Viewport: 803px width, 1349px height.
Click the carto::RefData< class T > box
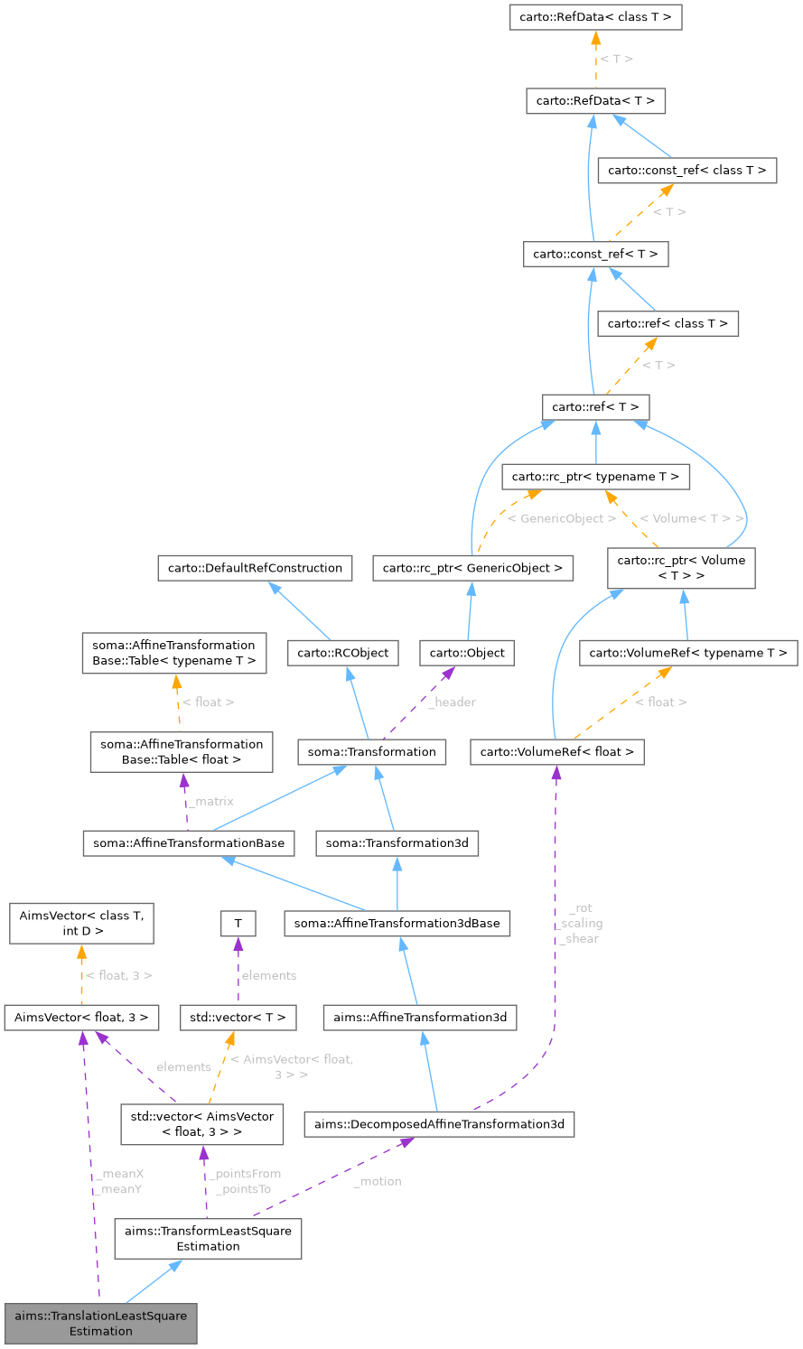click(x=595, y=18)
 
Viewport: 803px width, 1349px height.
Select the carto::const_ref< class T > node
click(x=687, y=170)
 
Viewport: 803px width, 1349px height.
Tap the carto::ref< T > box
click(x=595, y=406)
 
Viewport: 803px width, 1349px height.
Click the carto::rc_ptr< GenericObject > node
click(x=473, y=568)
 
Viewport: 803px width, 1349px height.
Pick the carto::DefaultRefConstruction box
click(x=255, y=568)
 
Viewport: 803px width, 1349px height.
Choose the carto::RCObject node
click(x=343, y=653)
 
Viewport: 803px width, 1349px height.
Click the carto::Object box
click(x=467, y=653)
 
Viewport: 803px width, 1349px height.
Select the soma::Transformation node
click(x=372, y=751)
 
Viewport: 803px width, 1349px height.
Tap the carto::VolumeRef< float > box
click(x=557, y=751)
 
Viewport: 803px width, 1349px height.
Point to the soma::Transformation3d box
click(x=397, y=843)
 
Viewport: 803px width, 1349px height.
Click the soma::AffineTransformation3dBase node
click(x=397, y=923)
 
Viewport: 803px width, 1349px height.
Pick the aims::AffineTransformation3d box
click(x=421, y=1018)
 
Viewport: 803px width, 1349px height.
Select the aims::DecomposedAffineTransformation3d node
click(x=439, y=1124)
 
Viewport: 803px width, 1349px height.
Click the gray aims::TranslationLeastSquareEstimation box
click(x=100, y=1323)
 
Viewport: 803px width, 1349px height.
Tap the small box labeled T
click(x=238, y=923)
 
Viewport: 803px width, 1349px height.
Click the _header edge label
click(x=452, y=702)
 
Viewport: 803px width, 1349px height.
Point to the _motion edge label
click(x=378, y=1181)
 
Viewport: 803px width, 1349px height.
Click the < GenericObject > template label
click(x=562, y=519)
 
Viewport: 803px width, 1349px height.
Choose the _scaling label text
click(x=580, y=924)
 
